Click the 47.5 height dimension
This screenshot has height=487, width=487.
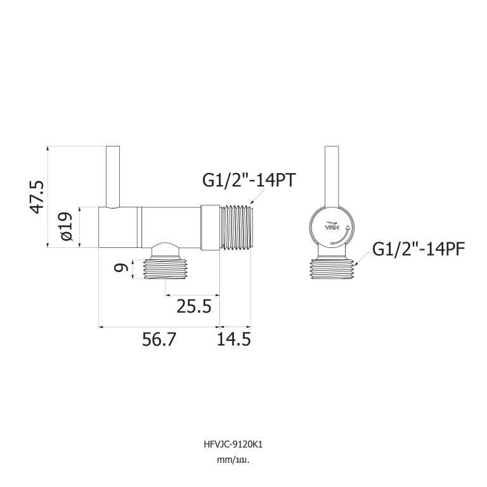click(x=37, y=197)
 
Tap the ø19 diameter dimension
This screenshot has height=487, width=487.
click(x=67, y=226)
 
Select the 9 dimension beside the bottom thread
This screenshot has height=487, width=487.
click(x=121, y=268)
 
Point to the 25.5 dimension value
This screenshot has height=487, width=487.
click(x=194, y=306)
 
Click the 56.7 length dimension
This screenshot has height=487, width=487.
click(x=159, y=339)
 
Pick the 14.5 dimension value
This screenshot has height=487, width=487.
click(x=233, y=339)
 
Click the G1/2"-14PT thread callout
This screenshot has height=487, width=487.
click(x=249, y=180)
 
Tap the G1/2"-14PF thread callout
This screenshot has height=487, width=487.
click(x=419, y=249)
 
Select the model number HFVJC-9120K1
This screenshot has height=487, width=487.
click(x=233, y=445)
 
